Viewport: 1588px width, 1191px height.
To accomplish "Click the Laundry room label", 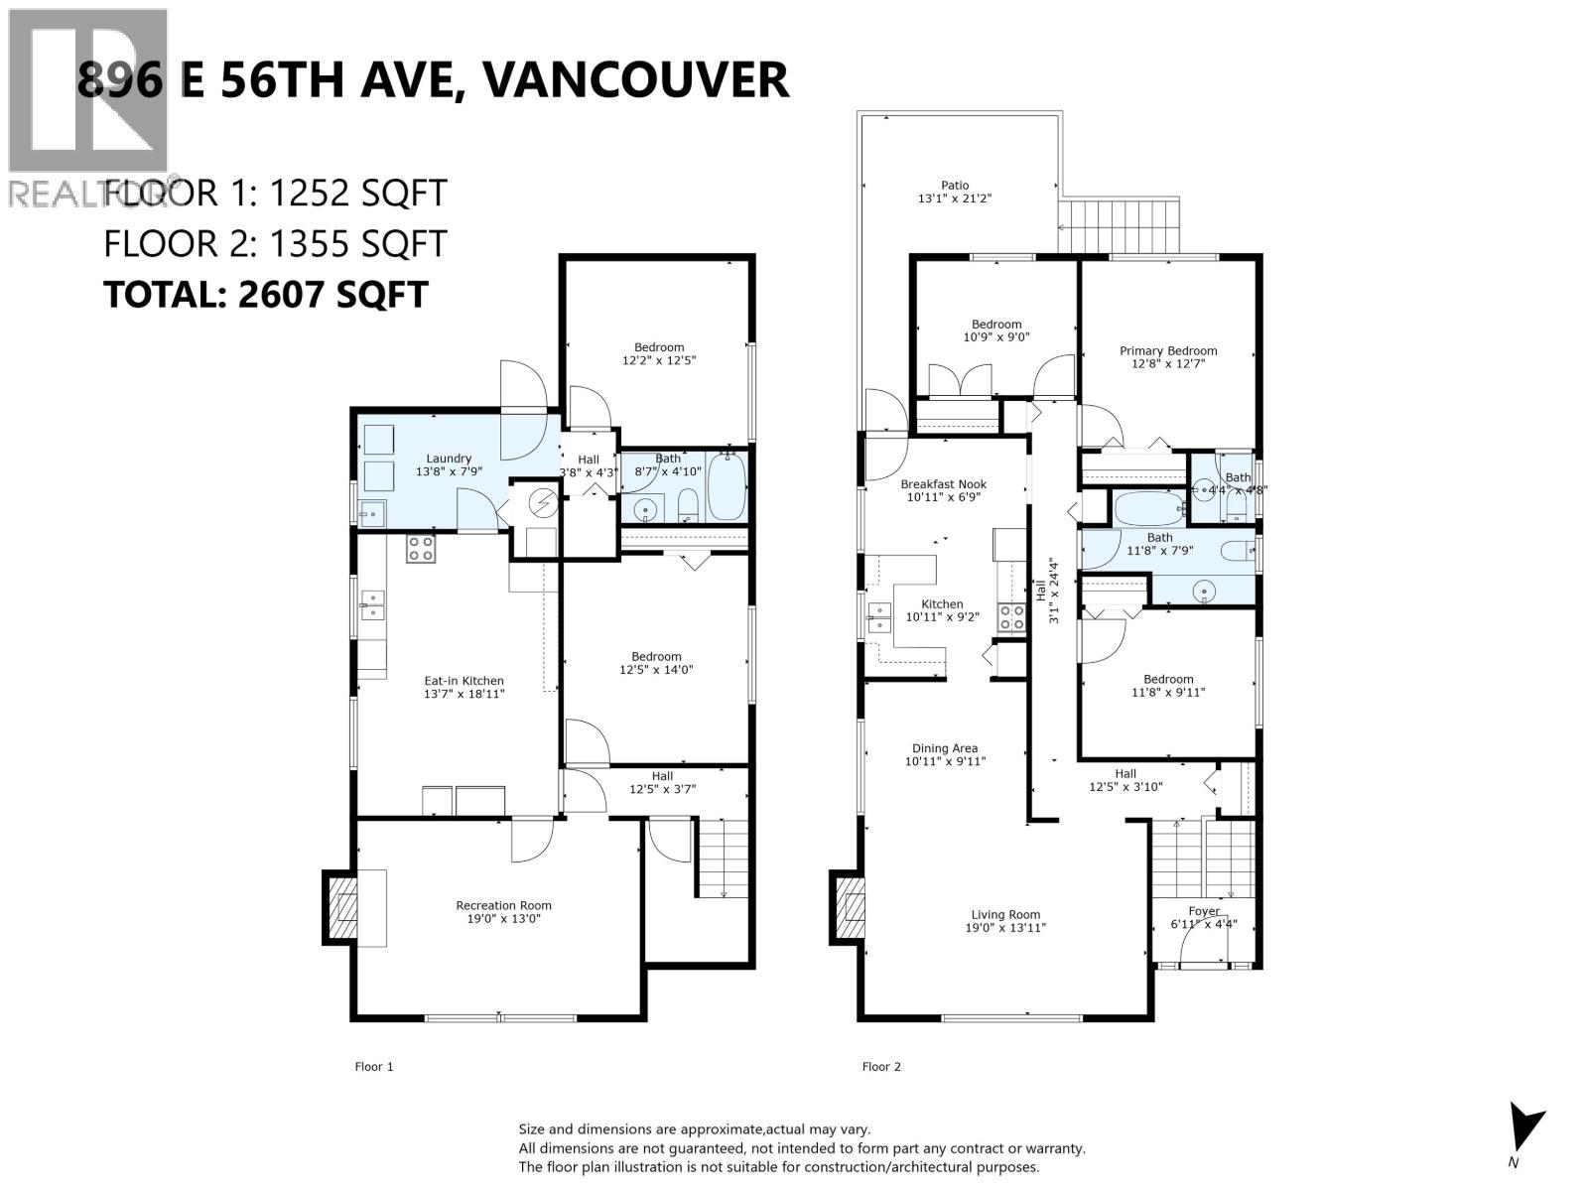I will [x=449, y=459].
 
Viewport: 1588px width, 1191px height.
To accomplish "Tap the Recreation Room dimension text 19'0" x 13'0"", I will [x=503, y=919].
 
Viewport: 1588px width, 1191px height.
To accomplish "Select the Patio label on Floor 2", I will [x=955, y=185].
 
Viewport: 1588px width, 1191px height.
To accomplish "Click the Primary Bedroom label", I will [x=1168, y=350].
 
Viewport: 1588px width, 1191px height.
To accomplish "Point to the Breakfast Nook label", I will [x=943, y=484].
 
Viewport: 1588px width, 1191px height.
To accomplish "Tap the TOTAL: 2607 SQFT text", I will [x=266, y=294].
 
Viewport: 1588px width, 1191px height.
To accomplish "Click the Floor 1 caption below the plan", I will [x=374, y=1067].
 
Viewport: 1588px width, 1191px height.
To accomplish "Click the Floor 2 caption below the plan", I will [x=881, y=1067].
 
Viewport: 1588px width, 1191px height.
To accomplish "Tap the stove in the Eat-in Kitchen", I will [x=420, y=548].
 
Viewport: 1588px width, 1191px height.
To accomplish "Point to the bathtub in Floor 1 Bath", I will [x=727, y=485].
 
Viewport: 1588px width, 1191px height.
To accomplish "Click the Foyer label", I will [x=1204, y=910].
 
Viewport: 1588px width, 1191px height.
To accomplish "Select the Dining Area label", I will [x=945, y=748].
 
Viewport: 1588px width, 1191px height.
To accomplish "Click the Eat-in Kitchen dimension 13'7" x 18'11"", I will [x=464, y=694].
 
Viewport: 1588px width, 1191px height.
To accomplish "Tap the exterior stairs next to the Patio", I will [x=1120, y=214].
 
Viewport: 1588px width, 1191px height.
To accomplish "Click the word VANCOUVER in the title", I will [x=635, y=79].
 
